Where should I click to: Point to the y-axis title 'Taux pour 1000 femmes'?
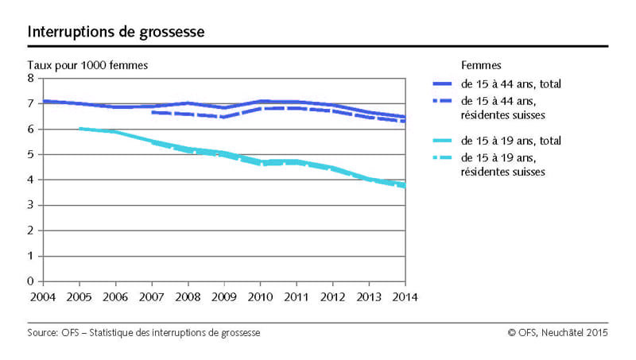[x=87, y=64]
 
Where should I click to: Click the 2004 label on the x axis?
[x=42, y=296]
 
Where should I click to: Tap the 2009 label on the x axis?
[x=223, y=296]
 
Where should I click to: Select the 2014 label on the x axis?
[x=405, y=296]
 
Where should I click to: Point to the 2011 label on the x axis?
[x=296, y=296]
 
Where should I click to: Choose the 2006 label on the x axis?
[x=114, y=296]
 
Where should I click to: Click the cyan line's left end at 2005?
[x=79, y=128]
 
